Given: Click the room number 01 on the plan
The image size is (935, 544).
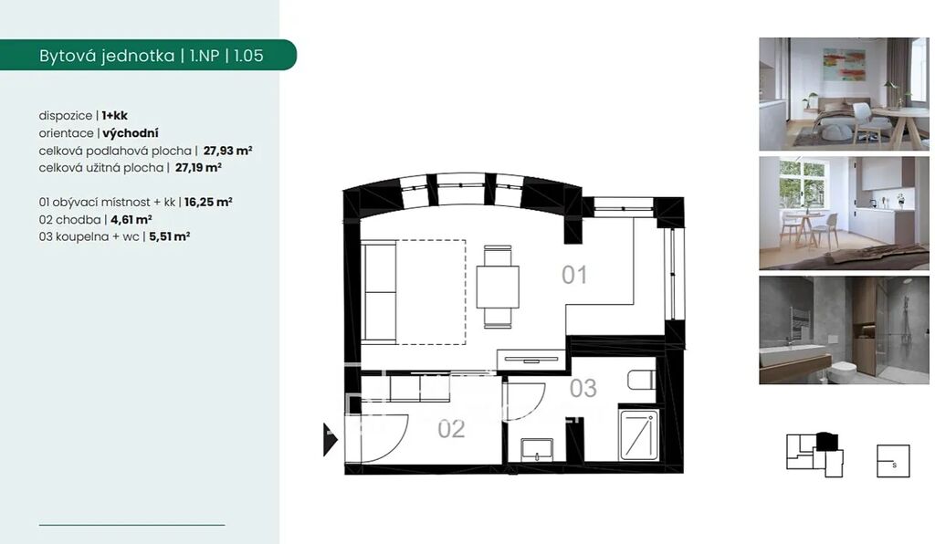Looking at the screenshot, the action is pyautogui.click(x=574, y=275).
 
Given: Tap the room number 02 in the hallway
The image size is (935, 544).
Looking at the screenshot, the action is pyautogui.click(x=451, y=429).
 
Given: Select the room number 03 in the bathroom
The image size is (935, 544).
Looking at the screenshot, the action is pyautogui.click(x=583, y=389).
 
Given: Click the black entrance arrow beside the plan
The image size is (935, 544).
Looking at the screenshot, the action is pyautogui.click(x=331, y=440).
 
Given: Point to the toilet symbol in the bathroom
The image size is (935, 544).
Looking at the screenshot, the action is pyautogui.click(x=642, y=380).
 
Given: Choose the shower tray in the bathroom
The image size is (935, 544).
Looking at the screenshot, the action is pyautogui.click(x=638, y=434).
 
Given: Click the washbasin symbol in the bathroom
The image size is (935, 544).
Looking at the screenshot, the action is pyautogui.click(x=537, y=450).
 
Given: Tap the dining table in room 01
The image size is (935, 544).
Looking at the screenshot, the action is pyautogui.click(x=498, y=287).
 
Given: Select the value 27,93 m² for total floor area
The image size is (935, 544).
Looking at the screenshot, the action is pyautogui.click(x=227, y=151).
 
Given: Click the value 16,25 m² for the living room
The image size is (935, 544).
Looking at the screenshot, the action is pyautogui.click(x=208, y=202).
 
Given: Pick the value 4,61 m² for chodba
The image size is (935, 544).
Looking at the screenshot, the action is pyautogui.click(x=131, y=219).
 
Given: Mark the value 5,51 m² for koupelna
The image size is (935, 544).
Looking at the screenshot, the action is pyautogui.click(x=169, y=236).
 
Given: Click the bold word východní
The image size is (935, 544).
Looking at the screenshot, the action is pyautogui.click(x=131, y=133).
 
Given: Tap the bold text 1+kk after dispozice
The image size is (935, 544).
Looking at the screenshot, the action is pyautogui.click(x=114, y=116).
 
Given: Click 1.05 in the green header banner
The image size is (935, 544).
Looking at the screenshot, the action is pyautogui.click(x=248, y=56).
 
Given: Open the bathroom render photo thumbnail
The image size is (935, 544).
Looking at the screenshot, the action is pyautogui.click(x=844, y=330).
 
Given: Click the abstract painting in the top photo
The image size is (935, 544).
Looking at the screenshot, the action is pyautogui.click(x=844, y=64).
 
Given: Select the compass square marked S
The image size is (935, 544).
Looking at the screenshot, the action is pyautogui.click(x=893, y=461).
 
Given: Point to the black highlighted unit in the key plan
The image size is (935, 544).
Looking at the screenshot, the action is pyautogui.click(x=826, y=442).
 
